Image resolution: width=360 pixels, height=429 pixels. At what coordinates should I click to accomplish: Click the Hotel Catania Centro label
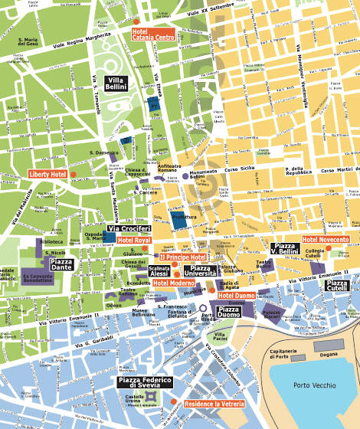pyautogui.click(x=153, y=34)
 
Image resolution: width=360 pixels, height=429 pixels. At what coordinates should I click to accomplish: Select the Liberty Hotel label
pyautogui.click(x=48, y=174)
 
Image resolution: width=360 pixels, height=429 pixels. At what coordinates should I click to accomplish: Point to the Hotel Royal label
pyautogui.click(x=134, y=241)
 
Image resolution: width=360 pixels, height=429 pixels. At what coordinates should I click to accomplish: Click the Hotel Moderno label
pyautogui.click(x=174, y=283)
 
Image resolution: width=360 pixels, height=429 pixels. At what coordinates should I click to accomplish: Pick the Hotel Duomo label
pyautogui.click(x=236, y=295)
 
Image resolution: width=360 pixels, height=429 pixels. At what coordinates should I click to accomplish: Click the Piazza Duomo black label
pyautogui.click(x=229, y=311)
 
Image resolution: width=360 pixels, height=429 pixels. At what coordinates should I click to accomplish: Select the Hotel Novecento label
pyautogui.click(x=326, y=240)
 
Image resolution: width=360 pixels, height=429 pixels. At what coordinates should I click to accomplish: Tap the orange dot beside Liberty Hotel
pyautogui.click(x=74, y=174)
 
